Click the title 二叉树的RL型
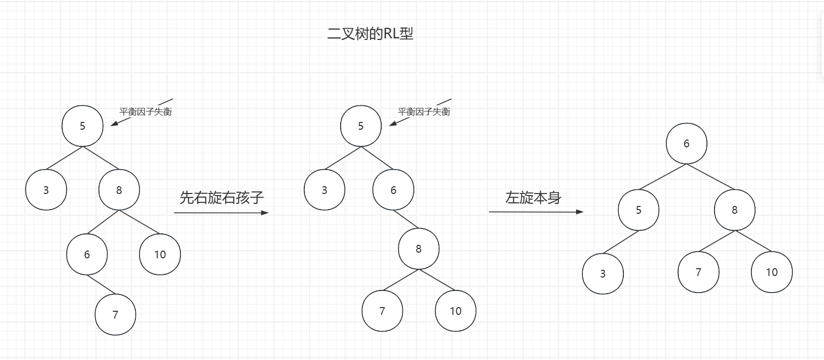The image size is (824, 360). (x=370, y=34)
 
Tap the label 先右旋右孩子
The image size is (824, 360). (x=222, y=197)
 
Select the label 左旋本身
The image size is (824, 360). (x=533, y=198)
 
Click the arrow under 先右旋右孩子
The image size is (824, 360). (x=221, y=213)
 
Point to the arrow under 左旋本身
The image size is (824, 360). (x=536, y=212)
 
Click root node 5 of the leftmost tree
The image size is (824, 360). (x=82, y=126)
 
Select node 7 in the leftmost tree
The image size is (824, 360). (x=115, y=314)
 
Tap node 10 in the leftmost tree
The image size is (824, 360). (x=160, y=254)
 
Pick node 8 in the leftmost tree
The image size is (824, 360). (x=119, y=190)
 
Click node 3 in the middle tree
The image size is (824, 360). (x=325, y=190)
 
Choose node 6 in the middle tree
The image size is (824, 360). (x=393, y=190)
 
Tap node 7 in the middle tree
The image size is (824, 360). (x=382, y=311)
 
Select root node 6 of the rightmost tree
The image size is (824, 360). (x=687, y=144)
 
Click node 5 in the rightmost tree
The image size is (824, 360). (x=638, y=210)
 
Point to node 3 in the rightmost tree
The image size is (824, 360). (x=603, y=273)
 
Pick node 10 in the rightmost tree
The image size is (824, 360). (x=772, y=272)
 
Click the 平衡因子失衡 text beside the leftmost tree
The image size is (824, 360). (x=146, y=112)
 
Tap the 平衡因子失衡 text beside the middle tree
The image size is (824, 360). (x=424, y=112)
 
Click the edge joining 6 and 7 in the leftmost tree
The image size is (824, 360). (x=101, y=285)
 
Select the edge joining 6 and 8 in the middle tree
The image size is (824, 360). (x=406, y=219)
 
